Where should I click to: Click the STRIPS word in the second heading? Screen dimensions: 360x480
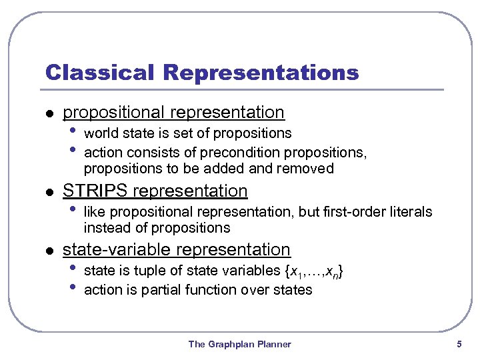tap(95, 191)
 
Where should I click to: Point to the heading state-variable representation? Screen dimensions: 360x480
tap(176, 249)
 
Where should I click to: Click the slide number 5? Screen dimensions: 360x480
tap(459, 344)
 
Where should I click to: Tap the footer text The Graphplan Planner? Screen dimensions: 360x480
tap(239, 344)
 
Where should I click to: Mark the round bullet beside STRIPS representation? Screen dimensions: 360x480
tap(48, 192)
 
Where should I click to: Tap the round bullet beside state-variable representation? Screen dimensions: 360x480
tap(48, 251)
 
